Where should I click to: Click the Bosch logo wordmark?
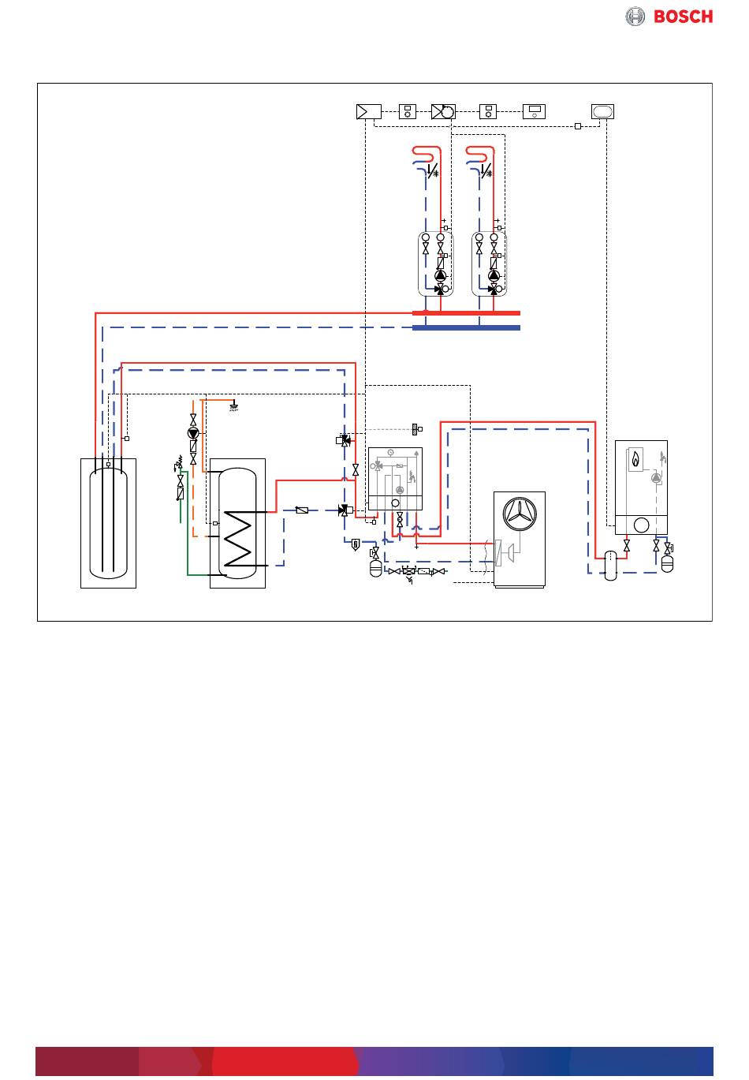tap(683, 17)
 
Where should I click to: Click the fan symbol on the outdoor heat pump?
tap(520, 518)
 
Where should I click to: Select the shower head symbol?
tap(233, 407)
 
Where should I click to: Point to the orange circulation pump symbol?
tap(193, 433)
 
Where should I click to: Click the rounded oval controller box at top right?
tap(602, 111)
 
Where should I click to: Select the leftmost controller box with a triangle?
tap(368, 111)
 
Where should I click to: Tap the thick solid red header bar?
tap(466, 313)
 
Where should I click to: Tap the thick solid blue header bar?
tap(466, 327)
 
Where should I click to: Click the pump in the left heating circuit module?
tap(440, 276)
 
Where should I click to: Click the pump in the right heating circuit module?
tap(494, 276)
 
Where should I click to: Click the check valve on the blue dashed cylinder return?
tap(301, 510)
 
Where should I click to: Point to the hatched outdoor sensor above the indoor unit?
tap(413, 429)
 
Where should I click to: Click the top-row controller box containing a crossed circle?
tap(443, 111)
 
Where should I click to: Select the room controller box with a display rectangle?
tap(535, 111)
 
